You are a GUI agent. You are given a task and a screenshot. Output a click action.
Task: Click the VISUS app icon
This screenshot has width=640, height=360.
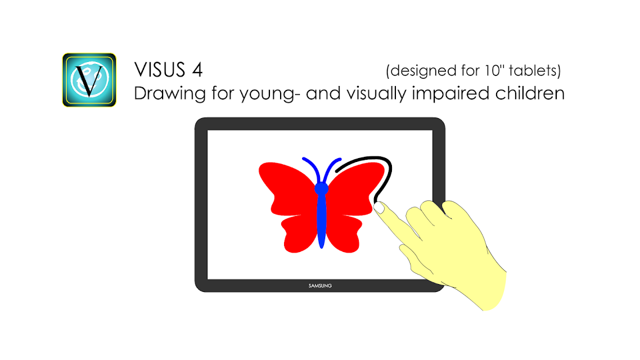(89, 80)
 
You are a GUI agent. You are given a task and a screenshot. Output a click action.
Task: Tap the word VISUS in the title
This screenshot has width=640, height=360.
(160, 70)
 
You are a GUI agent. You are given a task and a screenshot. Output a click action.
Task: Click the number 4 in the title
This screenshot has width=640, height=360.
(197, 70)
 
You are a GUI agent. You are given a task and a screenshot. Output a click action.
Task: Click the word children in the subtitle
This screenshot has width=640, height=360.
(530, 93)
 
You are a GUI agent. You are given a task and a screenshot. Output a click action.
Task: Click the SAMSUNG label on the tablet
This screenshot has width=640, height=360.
(320, 286)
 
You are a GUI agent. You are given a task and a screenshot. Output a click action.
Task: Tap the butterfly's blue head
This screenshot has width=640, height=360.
(321, 188)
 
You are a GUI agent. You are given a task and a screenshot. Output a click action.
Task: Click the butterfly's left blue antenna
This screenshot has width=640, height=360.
(312, 168)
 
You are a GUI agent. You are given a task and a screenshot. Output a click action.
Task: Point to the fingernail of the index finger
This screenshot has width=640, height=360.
(379, 208)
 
